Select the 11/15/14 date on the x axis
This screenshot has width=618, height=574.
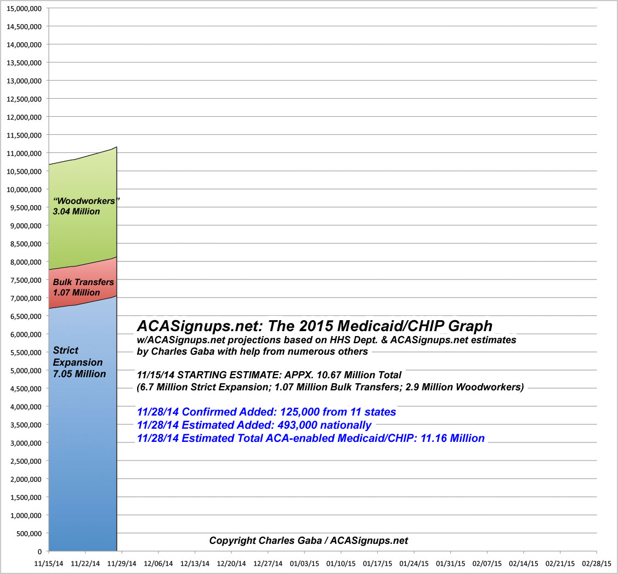[49, 563]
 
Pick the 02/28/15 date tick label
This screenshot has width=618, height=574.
[597, 563]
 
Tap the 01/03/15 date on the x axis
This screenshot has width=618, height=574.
[304, 563]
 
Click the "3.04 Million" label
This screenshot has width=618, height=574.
[77, 211]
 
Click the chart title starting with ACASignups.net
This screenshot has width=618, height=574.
[315, 326]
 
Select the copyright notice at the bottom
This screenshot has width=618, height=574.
[309, 541]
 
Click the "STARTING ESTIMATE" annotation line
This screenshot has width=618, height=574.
[269, 375]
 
